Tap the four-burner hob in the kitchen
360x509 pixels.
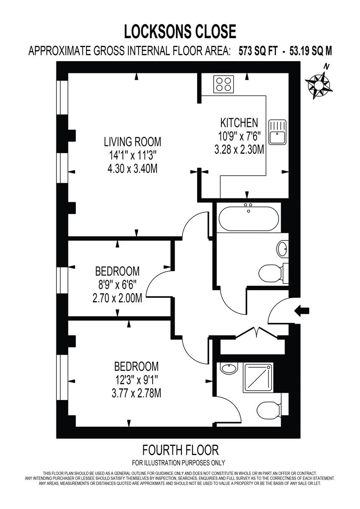tap(223, 83)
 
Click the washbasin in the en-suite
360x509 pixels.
tap(229, 369)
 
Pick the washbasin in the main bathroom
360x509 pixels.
tap(283, 248)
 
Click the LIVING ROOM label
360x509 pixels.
tap(133, 141)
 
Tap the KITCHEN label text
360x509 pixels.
tap(239, 123)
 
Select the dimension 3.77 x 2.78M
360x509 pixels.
tap(136, 393)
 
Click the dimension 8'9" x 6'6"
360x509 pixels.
tap(117, 284)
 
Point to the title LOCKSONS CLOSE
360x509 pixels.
tap(180, 32)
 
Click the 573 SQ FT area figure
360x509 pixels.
tap(259, 51)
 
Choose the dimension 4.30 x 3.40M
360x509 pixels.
tap(133, 168)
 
